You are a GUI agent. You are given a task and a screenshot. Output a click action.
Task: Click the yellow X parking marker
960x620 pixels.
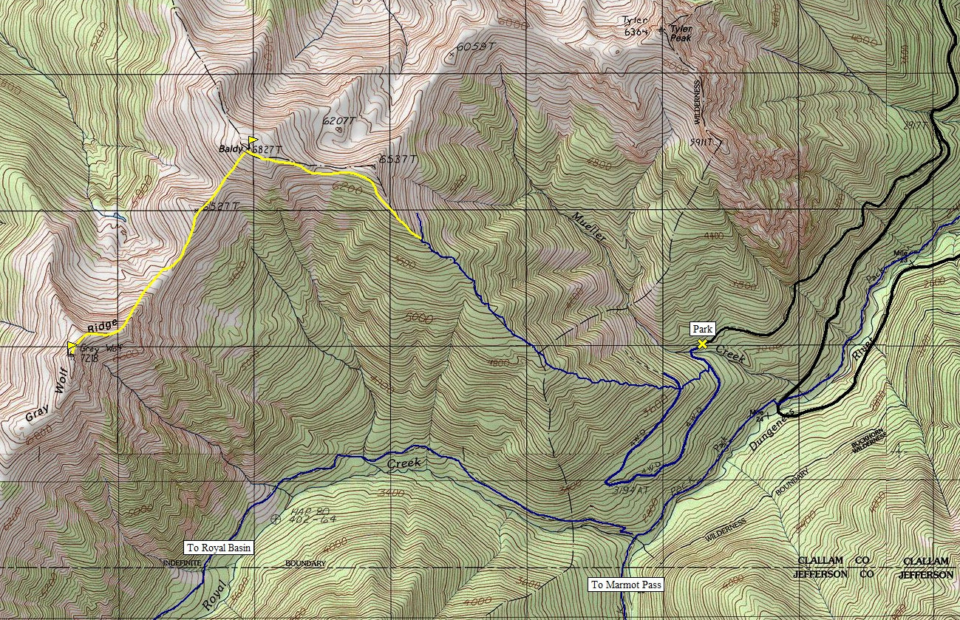(x=701, y=344)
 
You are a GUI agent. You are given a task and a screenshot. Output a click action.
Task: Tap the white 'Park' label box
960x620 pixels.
(x=701, y=328)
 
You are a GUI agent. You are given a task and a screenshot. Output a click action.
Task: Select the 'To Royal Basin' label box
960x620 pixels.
(x=219, y=548)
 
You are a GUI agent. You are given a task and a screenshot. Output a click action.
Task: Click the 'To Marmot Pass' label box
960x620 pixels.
(x=626, y=585)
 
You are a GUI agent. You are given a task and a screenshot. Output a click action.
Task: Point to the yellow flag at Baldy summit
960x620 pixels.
(x=252, y=140)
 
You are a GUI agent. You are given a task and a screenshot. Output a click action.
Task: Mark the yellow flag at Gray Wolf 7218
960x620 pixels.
(x=72, y=345)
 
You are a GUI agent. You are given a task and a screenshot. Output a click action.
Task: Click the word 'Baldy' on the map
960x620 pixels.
(x=231, y=149)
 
